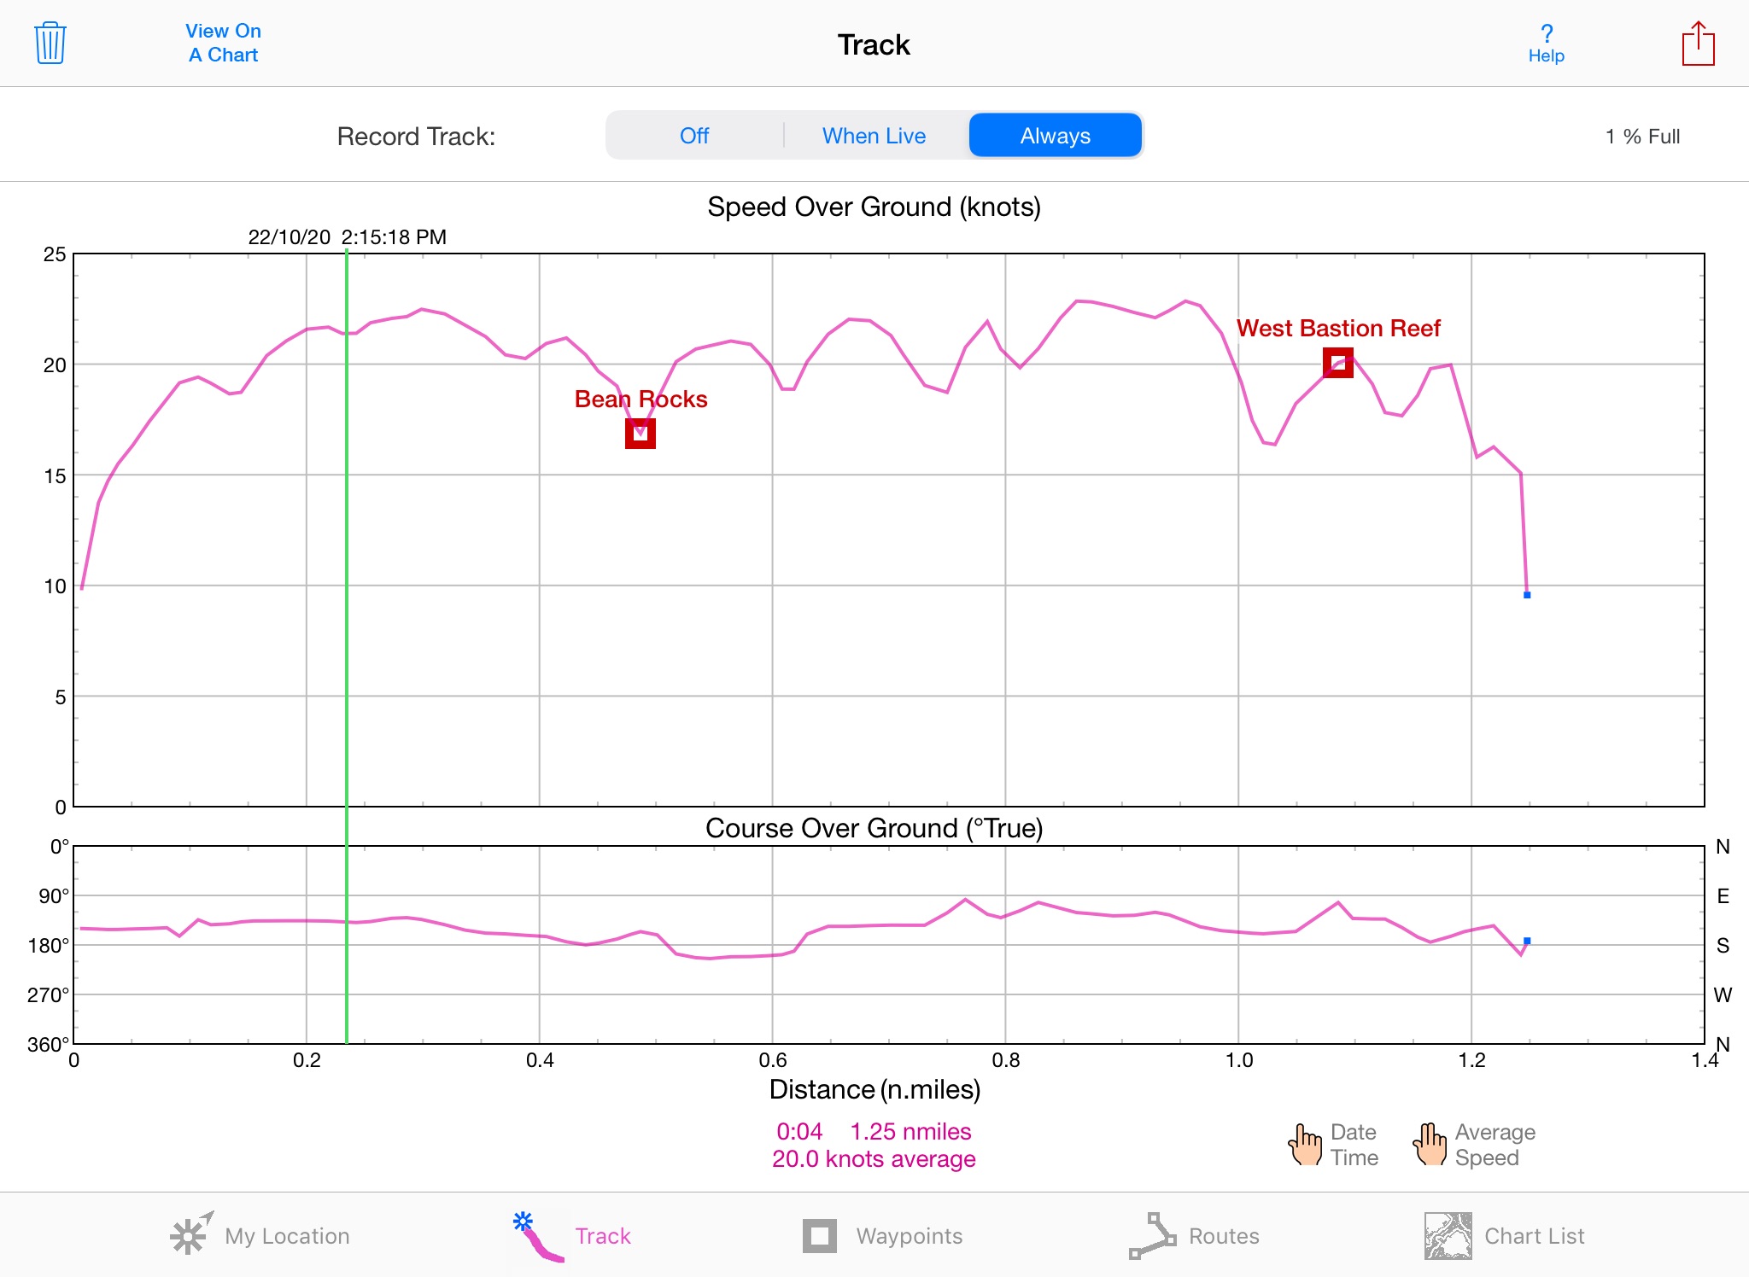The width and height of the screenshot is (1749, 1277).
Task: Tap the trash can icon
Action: tap(50, 44)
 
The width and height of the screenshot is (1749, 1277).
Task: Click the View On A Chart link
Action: tap(223, 43)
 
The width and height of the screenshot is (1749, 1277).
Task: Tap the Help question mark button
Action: tap(1546, 44)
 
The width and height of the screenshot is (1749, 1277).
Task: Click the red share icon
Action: tap(1698, 44)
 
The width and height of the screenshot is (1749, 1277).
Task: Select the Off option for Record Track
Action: tap(694, 136)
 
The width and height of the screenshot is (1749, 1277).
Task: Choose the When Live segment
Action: tap(874, 136)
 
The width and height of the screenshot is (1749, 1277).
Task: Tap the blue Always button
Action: tap(1055, 136)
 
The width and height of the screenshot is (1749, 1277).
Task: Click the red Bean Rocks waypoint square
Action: tap(641, 434)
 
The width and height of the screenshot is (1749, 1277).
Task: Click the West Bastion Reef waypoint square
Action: tap(1338, 363)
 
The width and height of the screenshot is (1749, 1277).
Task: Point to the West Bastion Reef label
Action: tap(1338, 329)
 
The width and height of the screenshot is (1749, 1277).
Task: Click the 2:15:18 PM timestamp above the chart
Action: tap(394, 237)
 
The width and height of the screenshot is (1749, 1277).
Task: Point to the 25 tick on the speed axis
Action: tap(55, 254)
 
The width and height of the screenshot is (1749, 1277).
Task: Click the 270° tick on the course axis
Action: tap(49, 994)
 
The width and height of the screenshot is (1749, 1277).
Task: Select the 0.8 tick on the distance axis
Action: tap(1006, 1060)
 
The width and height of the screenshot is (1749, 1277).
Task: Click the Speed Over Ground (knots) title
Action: tap(874, 207)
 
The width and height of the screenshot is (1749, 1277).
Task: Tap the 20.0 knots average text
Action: tap(874, 1159)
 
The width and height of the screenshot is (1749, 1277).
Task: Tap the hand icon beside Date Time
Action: tap(1305, 1145)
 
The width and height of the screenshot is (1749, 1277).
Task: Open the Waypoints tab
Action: tap(882, 1236)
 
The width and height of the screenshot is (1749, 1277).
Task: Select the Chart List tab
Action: tap(1504, 1236)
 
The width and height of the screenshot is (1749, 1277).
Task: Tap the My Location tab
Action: tap(260, 1236)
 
